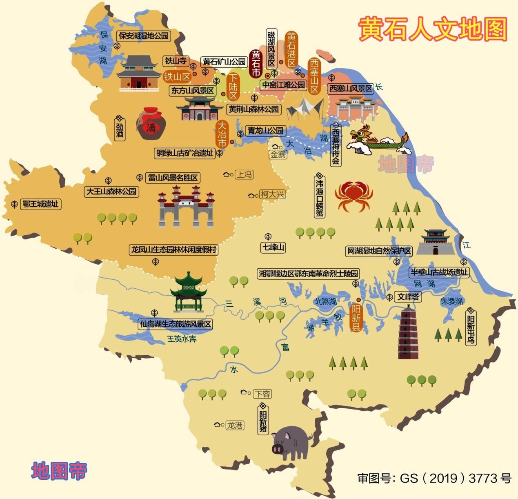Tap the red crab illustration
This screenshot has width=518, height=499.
pyautogui.click(x=353, y=195)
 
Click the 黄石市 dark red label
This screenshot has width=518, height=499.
pyautogui.click(x=256, y=64)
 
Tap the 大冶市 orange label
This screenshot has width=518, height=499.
pyautogui.click(x=222, y=134)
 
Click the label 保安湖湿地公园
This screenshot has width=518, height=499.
pyautogui.click(x=143, y=36)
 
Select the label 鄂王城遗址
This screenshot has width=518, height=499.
pyautogui.click(x=40, y=204)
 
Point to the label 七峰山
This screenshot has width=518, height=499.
pyautogui.click(x=273, y=247)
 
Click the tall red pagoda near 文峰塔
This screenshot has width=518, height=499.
pyautogui.click(x=408, y=333)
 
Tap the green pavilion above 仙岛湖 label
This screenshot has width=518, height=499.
pyautogui.click(x=188, y=292)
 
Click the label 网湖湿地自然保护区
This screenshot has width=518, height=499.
pyautogui.click(x=378, y=251)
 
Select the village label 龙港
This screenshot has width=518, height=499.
pyautogui.click(x=235, y=425)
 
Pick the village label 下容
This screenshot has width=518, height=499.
pyautogui.click(x=262, y=394)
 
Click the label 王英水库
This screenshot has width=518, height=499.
pyautogui.click(x=182, y=339)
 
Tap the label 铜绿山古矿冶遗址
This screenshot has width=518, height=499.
pyautogui.click(x=185, y=153)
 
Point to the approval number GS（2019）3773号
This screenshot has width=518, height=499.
pyautogui.click(x=434, y=478)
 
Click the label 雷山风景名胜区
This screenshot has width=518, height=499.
pyautogui.click(x=173, y=178)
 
